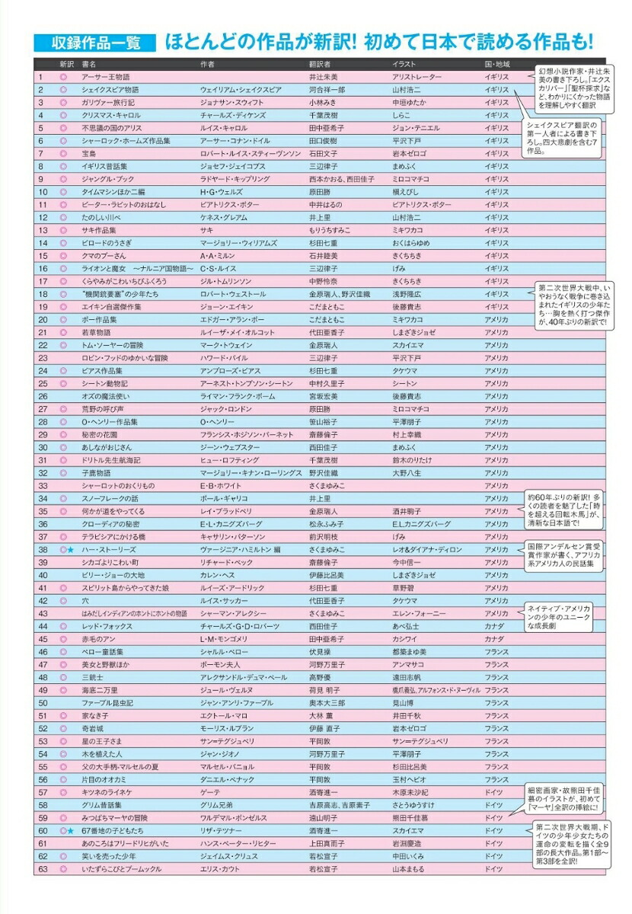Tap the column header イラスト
[404, 64]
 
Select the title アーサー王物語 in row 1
[106, 77]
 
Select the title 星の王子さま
[103, 741]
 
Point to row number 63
[43, 869]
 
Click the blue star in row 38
[71, 549]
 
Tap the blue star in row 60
[71, 831]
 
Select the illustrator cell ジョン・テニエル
[417, 128]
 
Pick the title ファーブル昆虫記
[107, 703]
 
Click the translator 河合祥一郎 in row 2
[327, 90]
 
